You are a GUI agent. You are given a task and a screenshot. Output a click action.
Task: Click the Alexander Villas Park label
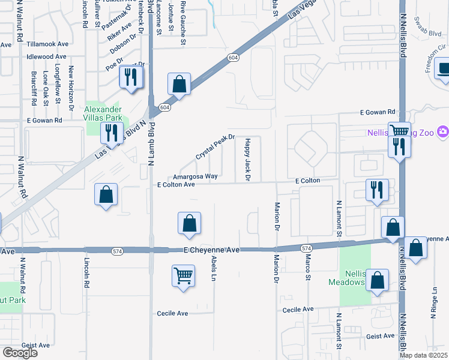[103, 113]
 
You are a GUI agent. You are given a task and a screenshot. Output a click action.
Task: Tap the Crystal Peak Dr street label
[214, 147]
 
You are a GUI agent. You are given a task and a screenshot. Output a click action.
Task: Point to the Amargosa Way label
[194, 176]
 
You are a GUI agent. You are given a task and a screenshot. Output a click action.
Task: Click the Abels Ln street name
[214, 268]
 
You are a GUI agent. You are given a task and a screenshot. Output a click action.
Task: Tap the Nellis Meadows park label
[346, 277]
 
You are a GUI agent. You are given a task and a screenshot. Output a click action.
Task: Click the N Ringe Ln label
[433, 302]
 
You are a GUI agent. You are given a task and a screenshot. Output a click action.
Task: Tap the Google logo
[20, 353]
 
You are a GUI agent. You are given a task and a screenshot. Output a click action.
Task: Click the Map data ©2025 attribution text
[423, 355]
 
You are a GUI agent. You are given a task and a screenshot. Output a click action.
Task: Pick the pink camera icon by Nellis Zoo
[442, 131]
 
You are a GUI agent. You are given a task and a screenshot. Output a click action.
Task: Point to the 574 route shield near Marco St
[306, 248]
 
